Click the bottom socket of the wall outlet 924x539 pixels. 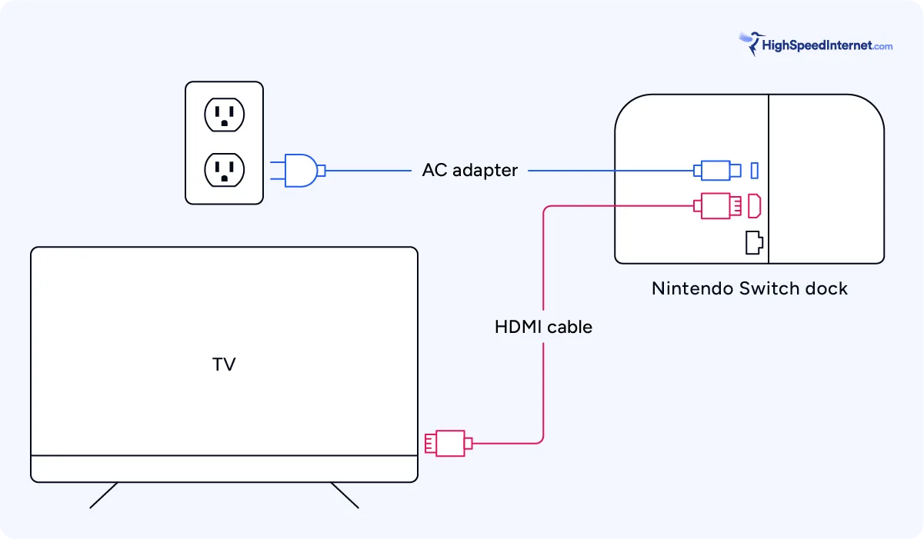pyautogui.click(x=224, y=168)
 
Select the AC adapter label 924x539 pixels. pyautogui.click(x=469, y=170)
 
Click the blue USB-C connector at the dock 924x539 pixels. pyautogui.click(x=716, y=170)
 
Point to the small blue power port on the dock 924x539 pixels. pyautogui.click(x=755, y=169)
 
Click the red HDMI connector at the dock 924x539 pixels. pyautogui.click(x=719, y=206)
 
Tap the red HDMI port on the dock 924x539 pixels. pyautogui.click(x=755, y=206)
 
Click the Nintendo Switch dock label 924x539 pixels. pyautogui.click(x=749, y=288)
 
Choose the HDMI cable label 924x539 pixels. pyautogui.click(x=543, y=327)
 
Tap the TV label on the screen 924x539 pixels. pyautogui.click(x=224, y=364)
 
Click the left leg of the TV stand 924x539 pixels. pyautogui.click(x=104, y=495)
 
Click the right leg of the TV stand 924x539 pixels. pyautogui.click(x=345, y=495)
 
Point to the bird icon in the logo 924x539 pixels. pyautogui.click(x=749, y=42)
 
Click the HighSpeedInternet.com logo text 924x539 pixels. pyautogui.click(x=827, y=46)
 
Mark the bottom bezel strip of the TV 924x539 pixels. pyautogui.click(x=224, y=468)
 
